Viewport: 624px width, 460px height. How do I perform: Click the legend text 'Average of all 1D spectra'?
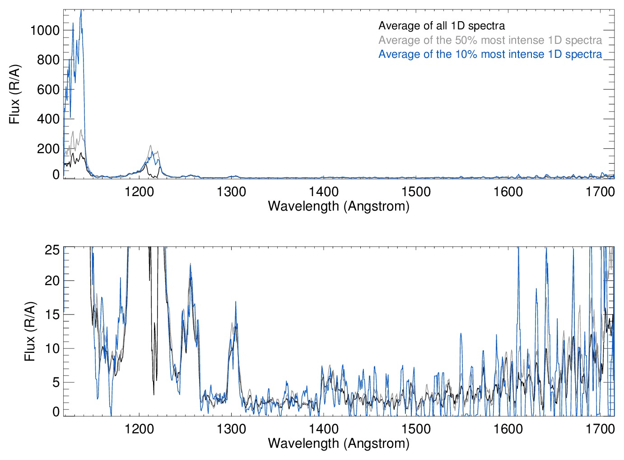[441, 26]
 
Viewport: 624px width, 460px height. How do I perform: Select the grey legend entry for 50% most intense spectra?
[490, 40]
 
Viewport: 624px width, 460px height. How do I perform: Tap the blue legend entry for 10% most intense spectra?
[490, 54]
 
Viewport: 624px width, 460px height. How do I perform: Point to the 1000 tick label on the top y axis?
[45, 30]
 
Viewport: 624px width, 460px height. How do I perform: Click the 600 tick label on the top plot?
[48, 89]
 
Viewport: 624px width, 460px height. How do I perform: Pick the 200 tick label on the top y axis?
[48, 149]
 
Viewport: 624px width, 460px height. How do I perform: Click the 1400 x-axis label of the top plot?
[324, 192]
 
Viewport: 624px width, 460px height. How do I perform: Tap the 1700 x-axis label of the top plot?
[600, 192]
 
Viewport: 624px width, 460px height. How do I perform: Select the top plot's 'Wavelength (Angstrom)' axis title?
[339, 206]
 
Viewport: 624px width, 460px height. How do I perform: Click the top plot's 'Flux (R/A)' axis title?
[15, 94]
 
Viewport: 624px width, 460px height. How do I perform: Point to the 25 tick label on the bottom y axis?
[52, 250]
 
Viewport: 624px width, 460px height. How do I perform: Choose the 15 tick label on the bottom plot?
[52, 314]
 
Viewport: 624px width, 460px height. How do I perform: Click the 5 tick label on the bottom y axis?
[56, 382]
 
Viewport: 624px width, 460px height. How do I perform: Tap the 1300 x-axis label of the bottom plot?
[231, 429]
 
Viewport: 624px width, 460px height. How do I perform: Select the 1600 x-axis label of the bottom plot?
[508, 429]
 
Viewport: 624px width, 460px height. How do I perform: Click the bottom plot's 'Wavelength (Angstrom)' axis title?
[339, 443]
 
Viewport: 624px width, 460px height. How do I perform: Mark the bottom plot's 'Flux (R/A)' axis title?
[30, 332]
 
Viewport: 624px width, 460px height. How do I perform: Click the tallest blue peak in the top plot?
[81, 11]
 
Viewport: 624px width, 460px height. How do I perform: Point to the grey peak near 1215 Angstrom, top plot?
[151, 146]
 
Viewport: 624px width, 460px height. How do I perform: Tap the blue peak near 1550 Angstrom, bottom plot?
[461, 334]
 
